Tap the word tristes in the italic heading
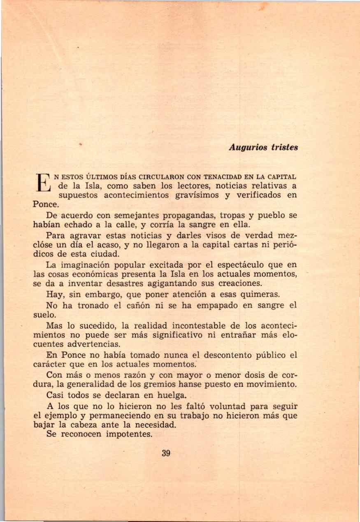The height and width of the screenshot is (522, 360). point(284,147)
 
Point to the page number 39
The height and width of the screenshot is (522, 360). point(166,453)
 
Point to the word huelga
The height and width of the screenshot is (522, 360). point(167,396)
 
